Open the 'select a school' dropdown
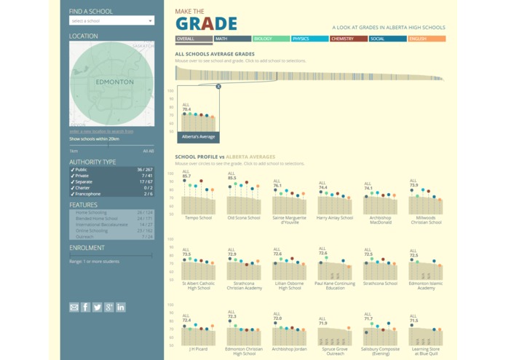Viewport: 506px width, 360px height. [x=111, y=21]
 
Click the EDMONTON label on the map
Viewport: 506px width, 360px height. [x=114, y=82]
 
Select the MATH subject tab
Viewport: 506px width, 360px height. [x=232, y=39]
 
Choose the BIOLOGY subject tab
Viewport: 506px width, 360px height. [x=271, y=39]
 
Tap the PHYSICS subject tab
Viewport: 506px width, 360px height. [x=309, y=39]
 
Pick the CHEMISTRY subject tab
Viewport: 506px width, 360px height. [x=348, y=39]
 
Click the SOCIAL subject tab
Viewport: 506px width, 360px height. [x=387, y=39]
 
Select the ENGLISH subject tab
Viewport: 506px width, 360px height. [x=426, y=39]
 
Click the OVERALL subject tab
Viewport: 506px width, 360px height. [x=194, y=39]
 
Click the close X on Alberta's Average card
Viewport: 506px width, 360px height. [x=218, y=87]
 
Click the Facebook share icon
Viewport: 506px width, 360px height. [x=85, y=308]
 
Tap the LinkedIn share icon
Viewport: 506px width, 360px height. [x=121, y=308]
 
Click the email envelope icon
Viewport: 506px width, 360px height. [x=74, y=308]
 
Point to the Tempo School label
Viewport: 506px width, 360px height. [x=198, y=217]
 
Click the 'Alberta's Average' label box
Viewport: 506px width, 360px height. [x=198, y=137]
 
